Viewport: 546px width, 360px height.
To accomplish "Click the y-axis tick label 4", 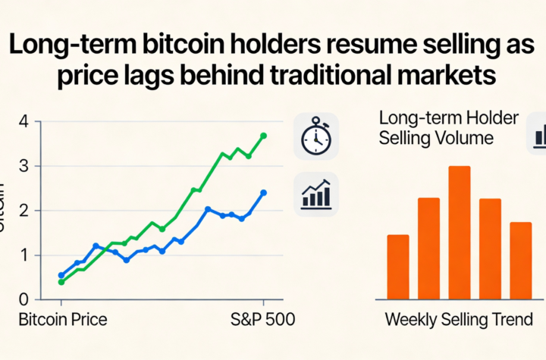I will pyautogui.click(x=24, y=121).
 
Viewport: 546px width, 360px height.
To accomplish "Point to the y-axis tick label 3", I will pyautogui.click(x=24, y=166).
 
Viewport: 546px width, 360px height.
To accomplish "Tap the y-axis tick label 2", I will pyautogui.click(x=24, y=211).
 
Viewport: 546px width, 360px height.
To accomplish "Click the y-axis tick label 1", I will pyautogui.click(x=24, y=255).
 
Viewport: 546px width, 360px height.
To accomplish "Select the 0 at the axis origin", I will pyautogui.click(x=24, y=300).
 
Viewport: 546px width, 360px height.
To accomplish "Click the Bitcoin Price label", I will pyautogui.click(x=62, y=320).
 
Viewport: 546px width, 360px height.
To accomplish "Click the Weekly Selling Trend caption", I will pyautogui.click(x=464, y=320).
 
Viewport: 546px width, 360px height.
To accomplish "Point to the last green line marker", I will pyautogui.click(x=263, y=136).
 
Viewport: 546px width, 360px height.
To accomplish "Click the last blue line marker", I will pyautogui.click(x=263, y=193).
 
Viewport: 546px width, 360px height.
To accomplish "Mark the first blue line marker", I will pyautogui.click(x=61, y=276).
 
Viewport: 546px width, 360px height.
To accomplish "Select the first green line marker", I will pyautogui.click(x=61, y=282).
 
